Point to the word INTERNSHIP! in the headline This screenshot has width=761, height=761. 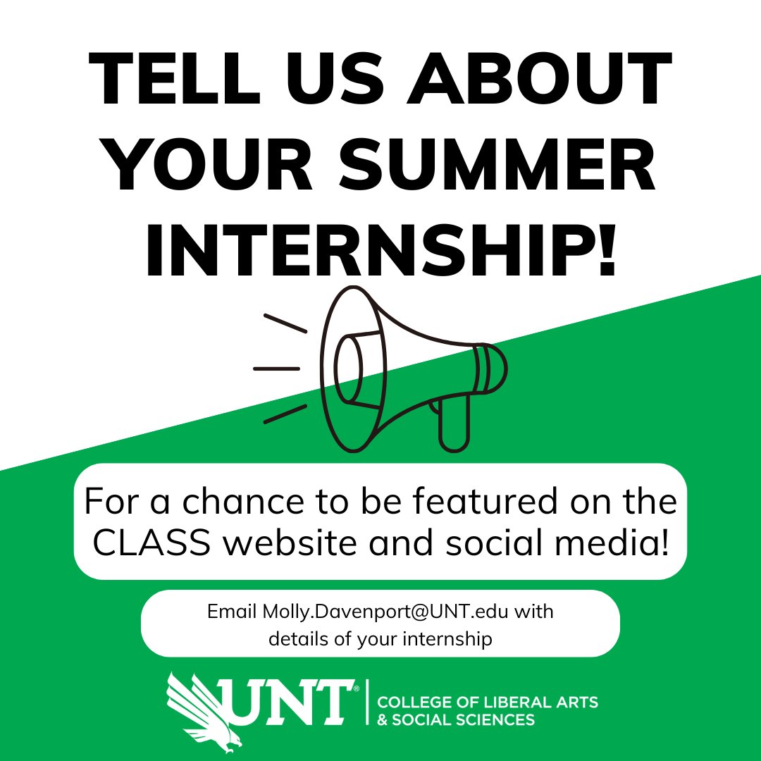(x=380, y=250)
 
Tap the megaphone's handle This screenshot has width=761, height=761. (x=453, y=423)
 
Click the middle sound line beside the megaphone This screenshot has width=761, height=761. (x=276, y=368)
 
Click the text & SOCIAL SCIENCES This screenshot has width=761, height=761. (x=456, y=720)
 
